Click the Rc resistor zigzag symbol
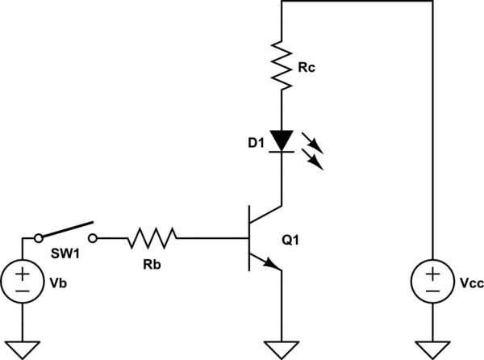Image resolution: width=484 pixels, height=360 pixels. tap(281, 66)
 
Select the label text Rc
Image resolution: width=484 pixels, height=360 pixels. tap(306, 68)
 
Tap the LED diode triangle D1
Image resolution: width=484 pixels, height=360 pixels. tap(281, 140)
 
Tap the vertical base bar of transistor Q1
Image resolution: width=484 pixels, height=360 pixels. tap(248, 239)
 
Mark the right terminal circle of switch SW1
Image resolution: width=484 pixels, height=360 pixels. tap(95, 238)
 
